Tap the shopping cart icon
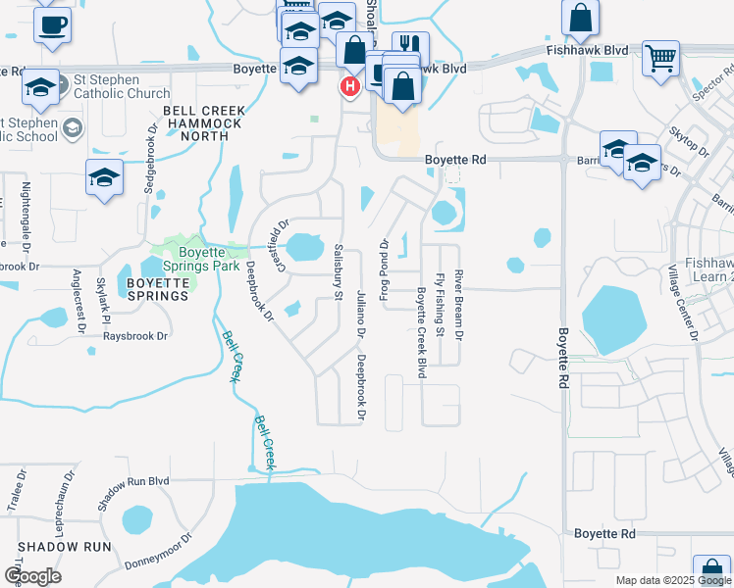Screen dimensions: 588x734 click(661, 57)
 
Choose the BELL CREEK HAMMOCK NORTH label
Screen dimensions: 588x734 click(197, 123)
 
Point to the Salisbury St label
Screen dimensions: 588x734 click(339, 270)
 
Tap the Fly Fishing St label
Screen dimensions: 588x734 click(441, 305)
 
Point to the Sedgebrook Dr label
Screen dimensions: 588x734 click(151, 158)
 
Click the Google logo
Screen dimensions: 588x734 click(32, 576)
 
